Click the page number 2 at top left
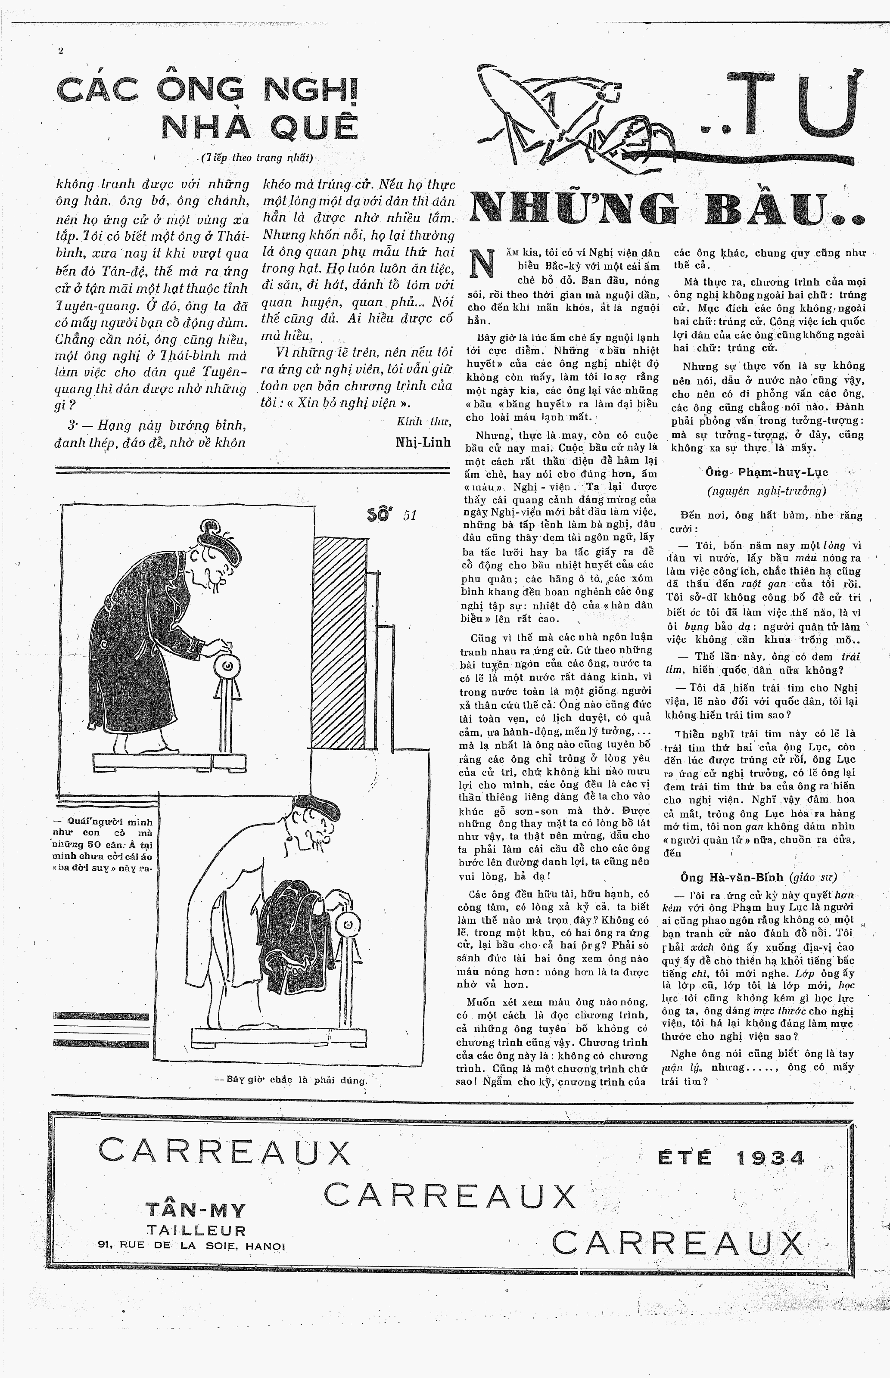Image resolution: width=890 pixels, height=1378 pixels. click(x=60, y=51)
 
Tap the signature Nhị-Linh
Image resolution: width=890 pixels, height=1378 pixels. click(x=423, y=442)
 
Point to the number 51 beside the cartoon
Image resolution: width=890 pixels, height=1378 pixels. click(x=410, y=515)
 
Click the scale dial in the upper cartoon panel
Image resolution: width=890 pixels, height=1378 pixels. click(x=227, y=666)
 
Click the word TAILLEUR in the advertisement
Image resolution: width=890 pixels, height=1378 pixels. click(x=196, y=1230)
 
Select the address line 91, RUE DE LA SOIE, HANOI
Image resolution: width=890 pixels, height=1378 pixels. click(x=191, y=1246)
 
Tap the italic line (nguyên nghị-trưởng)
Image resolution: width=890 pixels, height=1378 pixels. click(x=766, y=491)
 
